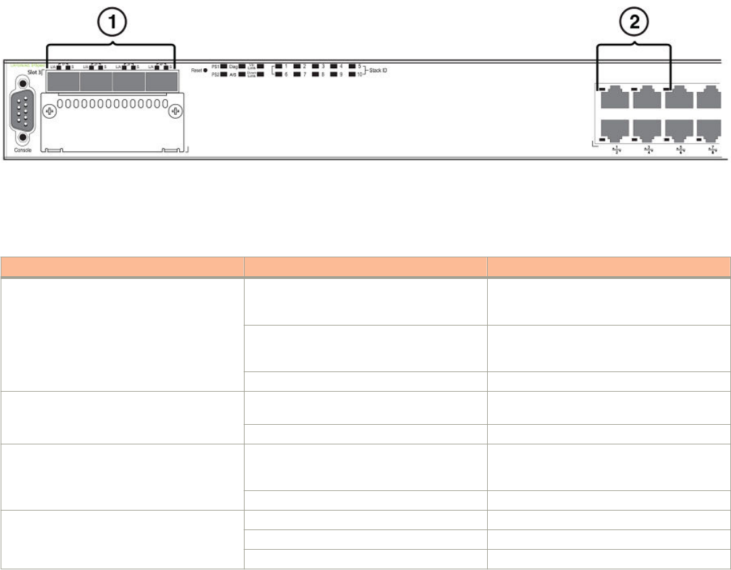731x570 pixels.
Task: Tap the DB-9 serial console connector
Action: (23, 112)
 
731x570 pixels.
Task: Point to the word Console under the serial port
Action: (24, 151)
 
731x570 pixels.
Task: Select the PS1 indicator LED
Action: (224, 67)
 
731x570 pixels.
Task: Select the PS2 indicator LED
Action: (224, 76)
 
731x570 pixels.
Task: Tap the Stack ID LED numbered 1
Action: (278, 67)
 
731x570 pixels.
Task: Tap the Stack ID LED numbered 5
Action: (352, 67)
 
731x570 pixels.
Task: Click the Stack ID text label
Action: (378, 70)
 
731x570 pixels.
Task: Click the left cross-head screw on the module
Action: (49, 111)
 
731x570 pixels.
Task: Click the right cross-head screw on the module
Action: (175, 111)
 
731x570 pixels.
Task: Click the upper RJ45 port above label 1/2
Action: (615, 98)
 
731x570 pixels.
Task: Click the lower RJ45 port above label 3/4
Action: (648, 129)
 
